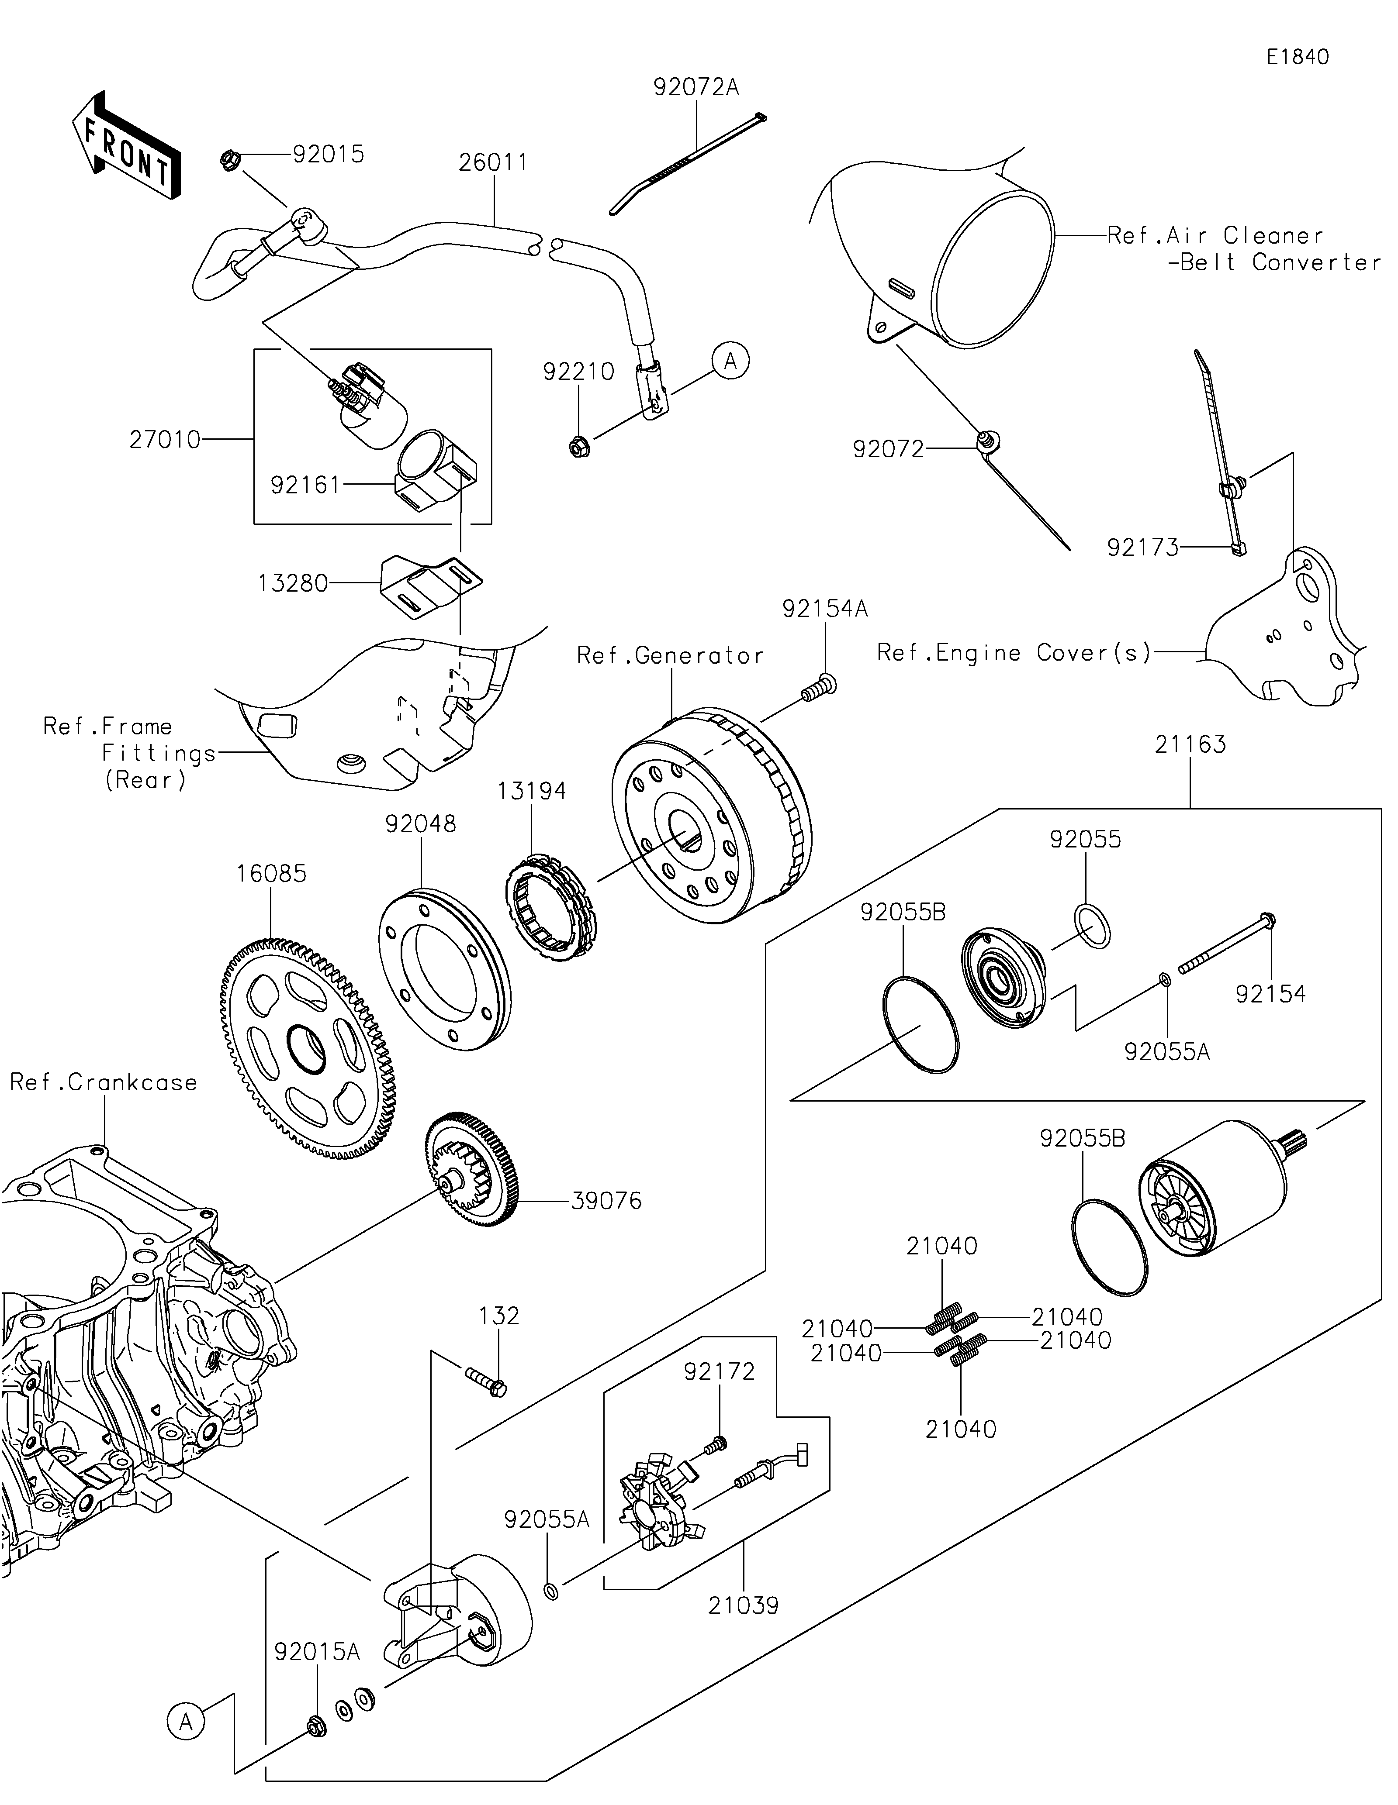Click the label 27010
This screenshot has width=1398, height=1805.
pos(165,440)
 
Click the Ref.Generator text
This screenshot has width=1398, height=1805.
pos(670,656)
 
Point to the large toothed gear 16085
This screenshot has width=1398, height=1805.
pos(308,1048)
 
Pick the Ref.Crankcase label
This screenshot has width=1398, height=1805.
pos(104,1083)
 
